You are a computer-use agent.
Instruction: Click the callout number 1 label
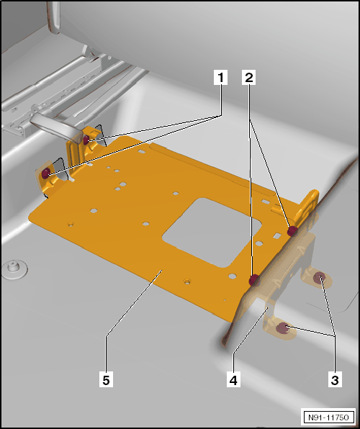pyautogui.click(x=220, y=78)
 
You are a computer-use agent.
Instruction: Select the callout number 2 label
pyautogui.click(x=249, y=78)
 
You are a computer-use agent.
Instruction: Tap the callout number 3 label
pyautogui.click(x=335, y=380)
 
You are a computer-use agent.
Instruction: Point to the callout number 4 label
pyautogui.click(x=233, y=380)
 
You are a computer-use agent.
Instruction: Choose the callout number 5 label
pyautogui.click(x=107, y=380)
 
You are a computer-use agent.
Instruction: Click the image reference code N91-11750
pyautogui.click(x=328, y=417)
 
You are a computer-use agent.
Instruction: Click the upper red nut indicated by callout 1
pyautogui.click(x=86, y=140)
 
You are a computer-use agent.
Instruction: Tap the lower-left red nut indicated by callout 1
pyautogui.click(x=45, y=173)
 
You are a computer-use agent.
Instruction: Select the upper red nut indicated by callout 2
pyautogui.click(x=292, y=231)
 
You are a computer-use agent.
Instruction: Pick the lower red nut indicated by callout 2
pyautogui.click(x=254, y=279)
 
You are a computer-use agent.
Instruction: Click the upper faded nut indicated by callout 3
pyautogui.click(x=319, y=278)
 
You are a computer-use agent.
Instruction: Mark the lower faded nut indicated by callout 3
pyautogui.click(x=282, y=328)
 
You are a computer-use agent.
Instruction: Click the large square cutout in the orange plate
pyautogui.click(x=212, y=232)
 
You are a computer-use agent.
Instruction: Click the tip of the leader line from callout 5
pyautogui.click(x=162, y=270)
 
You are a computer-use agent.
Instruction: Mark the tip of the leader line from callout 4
pyautogui.click(x=269, y=307)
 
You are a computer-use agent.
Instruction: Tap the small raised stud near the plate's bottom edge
pyautogui.click(x=187, y=281)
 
